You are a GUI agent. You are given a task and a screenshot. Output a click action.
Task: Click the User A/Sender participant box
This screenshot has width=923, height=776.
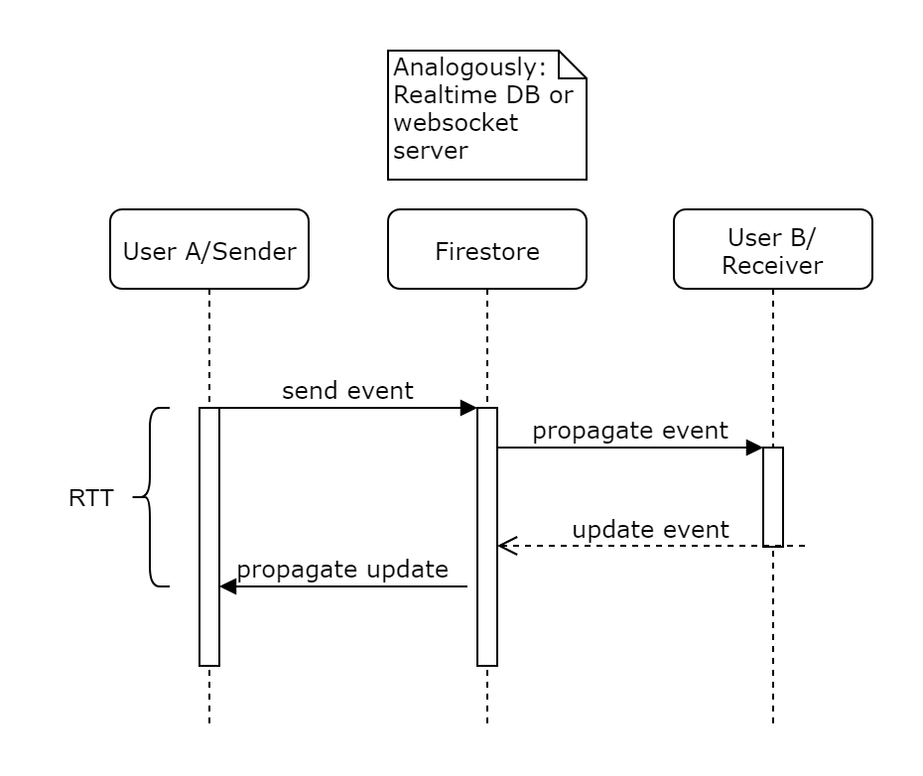pyautogui.click(x=209, y=249)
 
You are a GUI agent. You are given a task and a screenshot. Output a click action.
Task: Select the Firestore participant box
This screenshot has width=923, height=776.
pyautogui.click(x=486, y=249)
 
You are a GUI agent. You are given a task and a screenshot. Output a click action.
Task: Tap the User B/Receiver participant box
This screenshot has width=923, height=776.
pyautogui.click(x=772, y=249)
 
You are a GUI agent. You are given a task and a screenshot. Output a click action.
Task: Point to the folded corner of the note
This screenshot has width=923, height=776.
pyautogui.click(x=573, y=64)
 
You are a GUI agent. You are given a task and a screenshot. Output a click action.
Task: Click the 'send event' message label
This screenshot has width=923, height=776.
pyautogui.click(x=347, y=391)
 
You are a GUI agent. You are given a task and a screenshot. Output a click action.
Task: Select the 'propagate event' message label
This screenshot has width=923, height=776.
pyautogui.click(x=630, y=431)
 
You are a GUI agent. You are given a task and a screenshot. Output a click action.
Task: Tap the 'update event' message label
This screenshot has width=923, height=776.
pyautogui.click(x=650, y=530)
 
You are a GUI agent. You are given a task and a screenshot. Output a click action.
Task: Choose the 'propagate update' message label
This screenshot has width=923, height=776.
pyautogui.click(x=342, y=570)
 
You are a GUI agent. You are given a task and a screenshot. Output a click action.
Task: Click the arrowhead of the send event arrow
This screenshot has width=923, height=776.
pyautogui.click(x=469, y=408)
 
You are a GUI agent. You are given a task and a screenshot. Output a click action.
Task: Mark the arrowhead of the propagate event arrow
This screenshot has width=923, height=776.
pyautogui.click(x=754, y=448)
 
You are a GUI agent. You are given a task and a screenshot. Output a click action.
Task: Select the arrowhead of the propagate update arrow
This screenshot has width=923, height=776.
pyautogui.click(x=227, y=586)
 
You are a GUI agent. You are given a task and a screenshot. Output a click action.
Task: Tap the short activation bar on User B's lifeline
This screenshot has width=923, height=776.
pyautogui.click(x=772, y=496)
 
